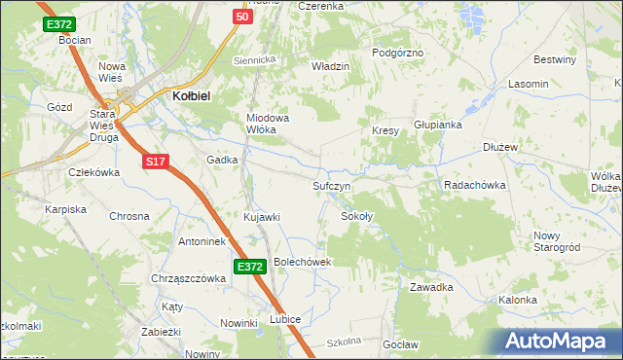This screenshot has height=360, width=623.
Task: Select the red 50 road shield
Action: (x=243, y=17)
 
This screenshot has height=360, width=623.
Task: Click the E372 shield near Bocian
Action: (x=59, y=24)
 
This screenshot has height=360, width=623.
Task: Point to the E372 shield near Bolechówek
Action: (x=249, y=266)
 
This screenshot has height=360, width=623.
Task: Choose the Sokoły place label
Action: (x=357, y=216)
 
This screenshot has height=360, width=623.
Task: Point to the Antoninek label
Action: (x=202, y=241)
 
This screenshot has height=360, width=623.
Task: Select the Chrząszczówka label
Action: (x=188, y=278)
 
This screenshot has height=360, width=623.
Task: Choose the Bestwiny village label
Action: (x=556, y=60)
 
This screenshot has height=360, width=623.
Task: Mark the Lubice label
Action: (x=285, y=319)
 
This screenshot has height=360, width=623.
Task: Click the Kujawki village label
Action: (x=262, y=216)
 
